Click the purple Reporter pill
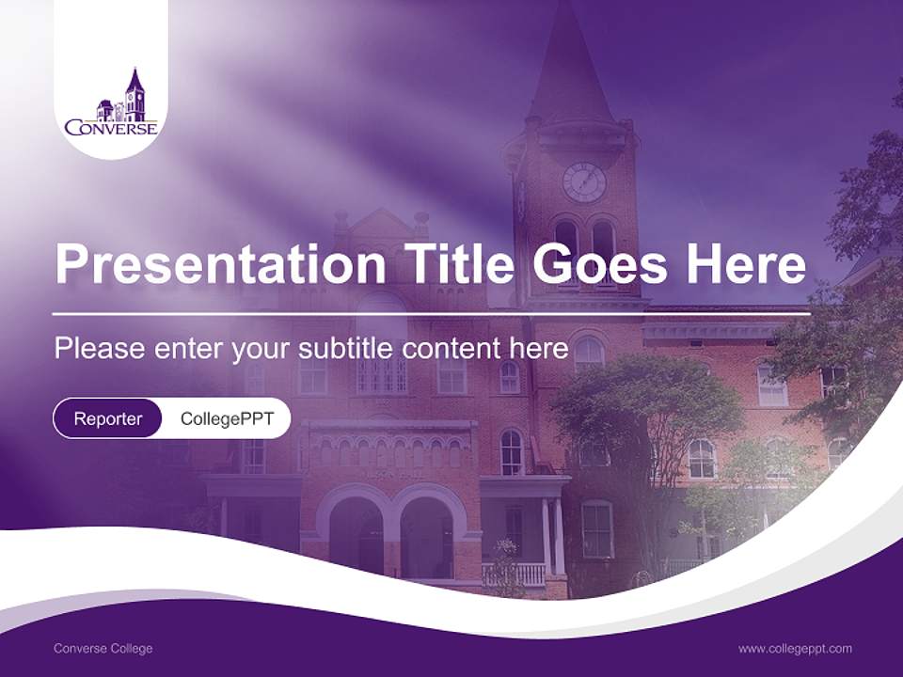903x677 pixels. coord(108,418)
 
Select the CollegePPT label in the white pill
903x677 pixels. coord(227,418)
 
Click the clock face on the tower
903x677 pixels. coord(583,182)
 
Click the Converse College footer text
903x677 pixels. coord(103,649)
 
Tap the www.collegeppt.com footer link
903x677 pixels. coord(795,649)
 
